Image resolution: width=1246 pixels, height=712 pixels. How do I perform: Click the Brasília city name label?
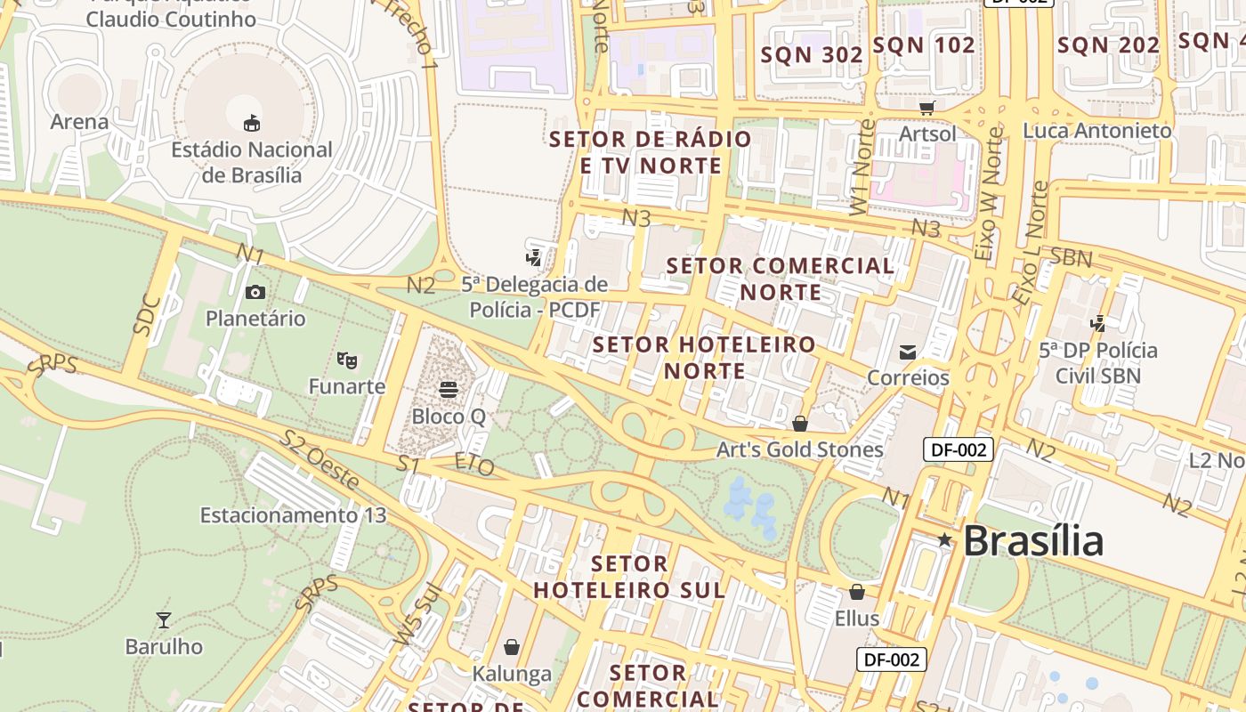pos(1032,540)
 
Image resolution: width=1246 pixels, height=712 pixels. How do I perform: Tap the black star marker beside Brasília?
pos(944,539)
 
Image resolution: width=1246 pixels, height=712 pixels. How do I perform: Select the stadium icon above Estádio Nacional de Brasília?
pos(252,123)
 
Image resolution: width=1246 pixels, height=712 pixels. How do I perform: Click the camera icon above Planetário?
pos(255,292)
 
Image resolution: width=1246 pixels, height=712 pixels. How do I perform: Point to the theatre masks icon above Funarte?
pos(347,360)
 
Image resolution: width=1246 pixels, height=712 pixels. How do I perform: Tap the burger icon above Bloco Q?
pos(449,390)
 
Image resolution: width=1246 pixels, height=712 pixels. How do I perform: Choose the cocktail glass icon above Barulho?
pos(164,619)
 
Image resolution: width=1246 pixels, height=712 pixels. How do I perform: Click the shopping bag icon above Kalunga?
pos(512,647)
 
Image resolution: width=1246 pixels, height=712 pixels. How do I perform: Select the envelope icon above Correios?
pos(908,352)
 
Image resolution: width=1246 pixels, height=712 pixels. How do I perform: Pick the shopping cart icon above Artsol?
pos(927,108)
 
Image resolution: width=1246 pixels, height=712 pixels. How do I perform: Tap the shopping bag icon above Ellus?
pos(857,592)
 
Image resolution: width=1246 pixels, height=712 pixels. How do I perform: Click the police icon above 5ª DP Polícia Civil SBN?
pos(1098,324)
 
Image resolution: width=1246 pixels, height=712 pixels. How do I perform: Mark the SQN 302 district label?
pos(812,55)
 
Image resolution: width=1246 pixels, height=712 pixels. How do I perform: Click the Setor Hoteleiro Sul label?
pos(629,577)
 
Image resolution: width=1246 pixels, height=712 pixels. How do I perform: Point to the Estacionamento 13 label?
pos(293,515)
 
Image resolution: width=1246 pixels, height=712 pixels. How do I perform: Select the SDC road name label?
pos(147,314)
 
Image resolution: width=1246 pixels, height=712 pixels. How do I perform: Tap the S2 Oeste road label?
pos(320,460)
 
